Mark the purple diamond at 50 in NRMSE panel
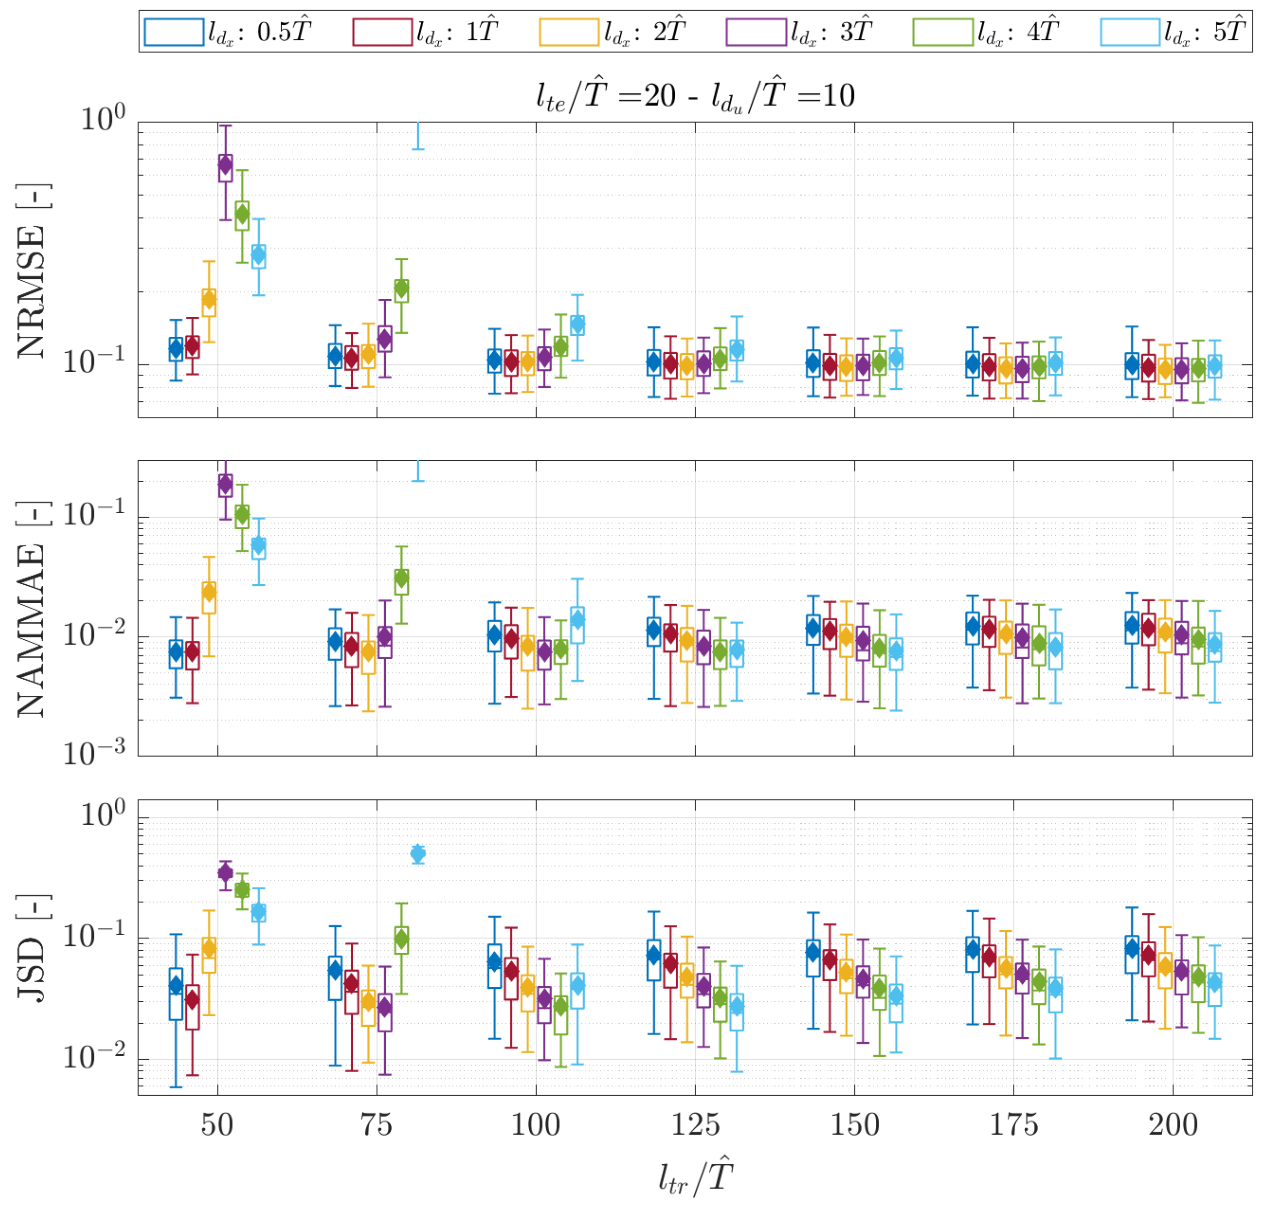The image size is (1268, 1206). click(x=226, y=166)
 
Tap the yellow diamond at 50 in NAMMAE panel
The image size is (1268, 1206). click(x=209, y=592)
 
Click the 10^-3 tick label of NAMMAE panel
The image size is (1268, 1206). click(x=94, y=753)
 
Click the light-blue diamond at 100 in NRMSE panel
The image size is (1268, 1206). click(x=578, y=325)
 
